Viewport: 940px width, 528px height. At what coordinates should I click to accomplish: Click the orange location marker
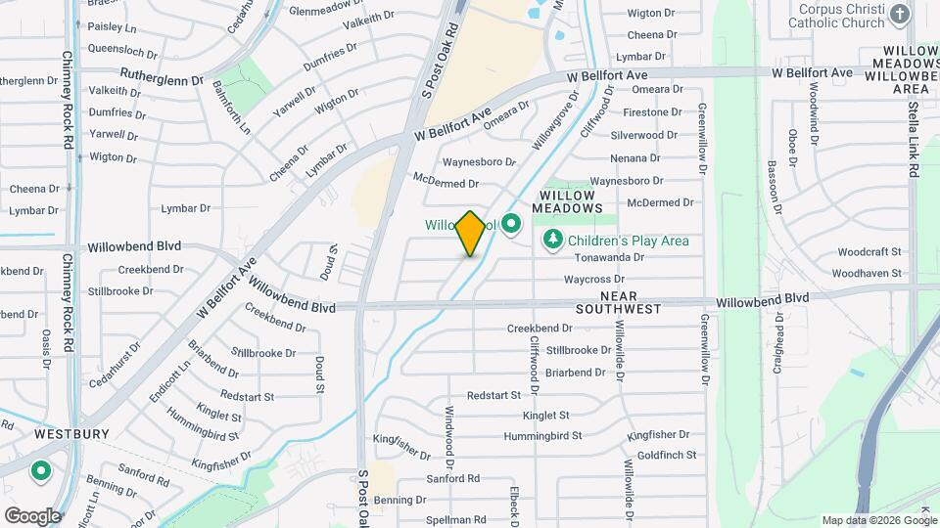tap(471, 234)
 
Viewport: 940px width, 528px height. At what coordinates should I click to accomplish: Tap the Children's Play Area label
tap(627, 241)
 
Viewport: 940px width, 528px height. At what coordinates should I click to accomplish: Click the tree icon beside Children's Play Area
tap(552, 240)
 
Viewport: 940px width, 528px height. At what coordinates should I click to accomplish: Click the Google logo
tap(32, 515)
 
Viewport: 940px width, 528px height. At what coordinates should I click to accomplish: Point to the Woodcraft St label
tap(869, 252)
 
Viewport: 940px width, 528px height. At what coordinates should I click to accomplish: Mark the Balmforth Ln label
tap(231, 109)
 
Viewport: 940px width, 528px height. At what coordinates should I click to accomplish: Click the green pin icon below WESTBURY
tap(41, 472)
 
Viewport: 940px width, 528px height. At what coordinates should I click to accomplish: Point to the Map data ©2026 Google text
tap(878, 520)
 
